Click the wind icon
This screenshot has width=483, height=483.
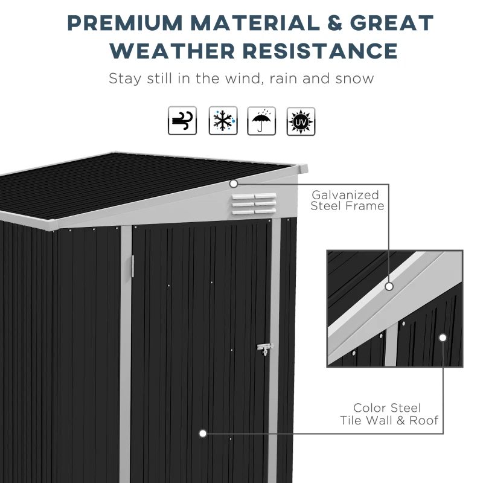pyautogui.click(x=182, y=121)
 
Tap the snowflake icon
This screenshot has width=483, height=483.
pyautogui.click(x=223, y=121)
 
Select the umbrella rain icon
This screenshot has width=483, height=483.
pyautogui.click(x=261, y=121)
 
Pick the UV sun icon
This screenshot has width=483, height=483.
pyautogui.click(x=301, y=121)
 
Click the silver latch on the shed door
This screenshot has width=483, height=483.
pyautogui.click(x=265, y=348)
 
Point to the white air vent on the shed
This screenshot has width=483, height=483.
pyautogui.click(x=253, y=203)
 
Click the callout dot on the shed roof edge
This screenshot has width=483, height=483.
pyautogui.click(x=233, y=183)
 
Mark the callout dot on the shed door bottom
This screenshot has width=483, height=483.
pyautogui.click(x=203, y=433)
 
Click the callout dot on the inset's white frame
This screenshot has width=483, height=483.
pyautogui.click(x=389, y=286)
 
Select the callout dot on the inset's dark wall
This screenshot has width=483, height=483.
pyautogui.click(x=443, y=337)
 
